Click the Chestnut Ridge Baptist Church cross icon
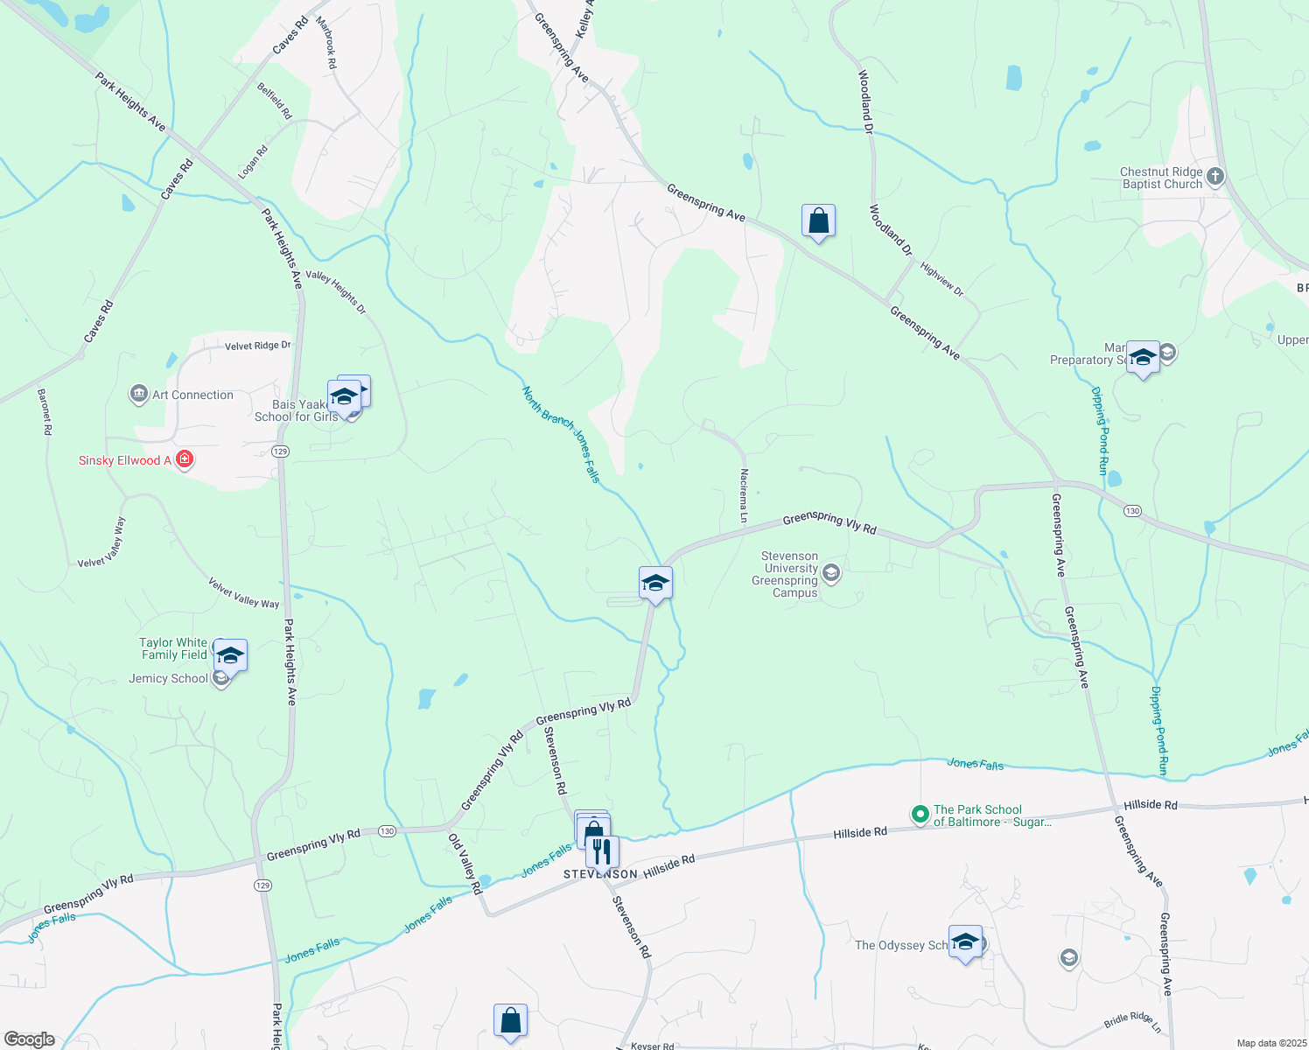[1214, 177]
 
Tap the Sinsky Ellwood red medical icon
[184, 459]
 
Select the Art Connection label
[192, 395]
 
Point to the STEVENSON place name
[600, 874]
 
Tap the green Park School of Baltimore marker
[920, 815]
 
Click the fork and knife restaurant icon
[602, 850]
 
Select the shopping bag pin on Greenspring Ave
[818, 221]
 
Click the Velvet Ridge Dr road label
[257, 346]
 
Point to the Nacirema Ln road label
[744, 495]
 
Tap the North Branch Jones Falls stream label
[561, 434]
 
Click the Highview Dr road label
[941, 279]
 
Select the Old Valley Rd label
[465, 864]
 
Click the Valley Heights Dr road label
[336, 292]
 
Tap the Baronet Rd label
[45, 412]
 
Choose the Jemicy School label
[168, 678]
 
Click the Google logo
[29, 1039]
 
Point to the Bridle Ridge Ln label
[1132, 1023]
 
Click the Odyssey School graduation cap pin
[965, 942]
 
